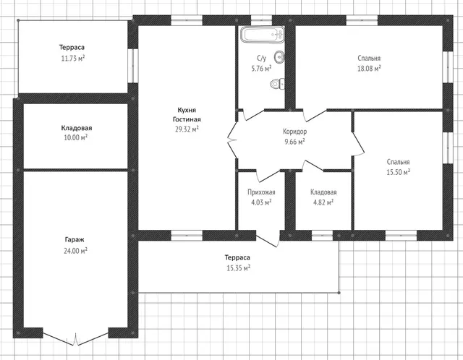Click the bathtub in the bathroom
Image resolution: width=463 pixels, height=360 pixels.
[263, 35]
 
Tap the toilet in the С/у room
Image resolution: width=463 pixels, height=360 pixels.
[277, 84]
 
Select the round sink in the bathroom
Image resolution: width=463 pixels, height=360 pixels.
[279, 57]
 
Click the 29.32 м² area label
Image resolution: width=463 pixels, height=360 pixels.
[187, 129]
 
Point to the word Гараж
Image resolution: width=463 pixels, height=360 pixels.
[75, 239]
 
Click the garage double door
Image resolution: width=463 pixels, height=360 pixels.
[76, 338]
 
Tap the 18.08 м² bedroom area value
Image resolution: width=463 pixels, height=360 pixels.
[369, 69]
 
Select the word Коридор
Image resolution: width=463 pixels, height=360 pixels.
[294, 132]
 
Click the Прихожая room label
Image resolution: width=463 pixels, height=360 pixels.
[261, 192]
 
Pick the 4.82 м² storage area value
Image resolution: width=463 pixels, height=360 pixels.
[323, 202]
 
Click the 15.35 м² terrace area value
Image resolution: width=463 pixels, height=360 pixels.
[238, 268]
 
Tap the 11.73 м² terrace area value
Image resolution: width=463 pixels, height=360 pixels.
[72, 58]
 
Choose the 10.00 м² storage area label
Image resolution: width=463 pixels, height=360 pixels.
[75, 137]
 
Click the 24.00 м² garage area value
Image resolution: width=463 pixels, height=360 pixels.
[75, 251]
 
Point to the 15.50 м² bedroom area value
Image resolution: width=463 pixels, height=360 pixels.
[398, 172]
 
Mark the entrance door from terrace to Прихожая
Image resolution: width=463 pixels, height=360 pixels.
[268, 240]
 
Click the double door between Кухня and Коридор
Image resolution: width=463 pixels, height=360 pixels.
[232, 140]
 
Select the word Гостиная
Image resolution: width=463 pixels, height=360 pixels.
[187, 119]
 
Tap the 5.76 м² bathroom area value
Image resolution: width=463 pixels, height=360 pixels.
[261, 69]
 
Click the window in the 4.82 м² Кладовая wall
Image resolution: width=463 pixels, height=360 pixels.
[322, 236]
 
